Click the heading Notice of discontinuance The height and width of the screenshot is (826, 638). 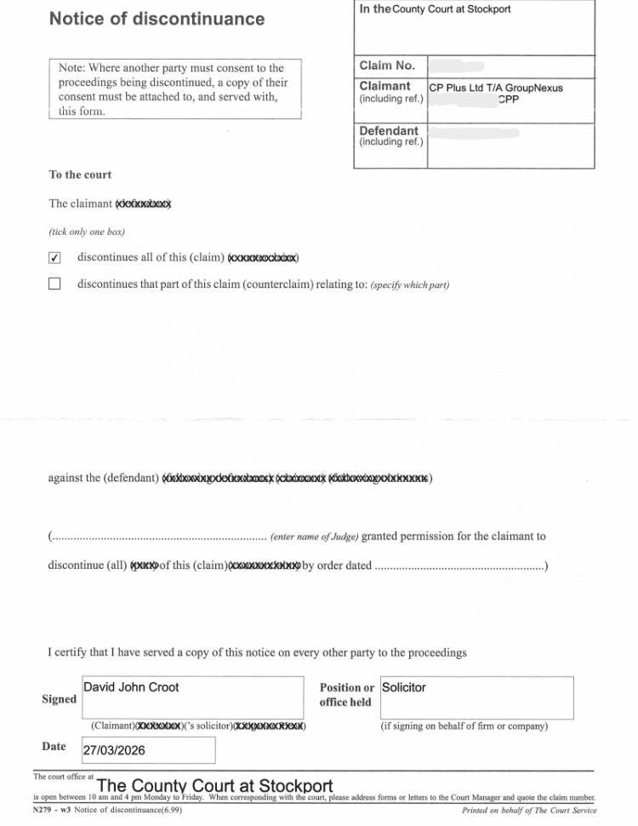(x=157, y=19)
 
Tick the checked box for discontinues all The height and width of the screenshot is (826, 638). (x=55, y=258)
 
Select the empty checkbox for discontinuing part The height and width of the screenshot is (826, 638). (x=55, y=284)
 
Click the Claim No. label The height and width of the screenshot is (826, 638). (x=387, y=66)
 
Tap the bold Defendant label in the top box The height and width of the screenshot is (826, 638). (x=389, y=131)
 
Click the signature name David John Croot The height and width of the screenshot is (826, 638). (x=131, y=687)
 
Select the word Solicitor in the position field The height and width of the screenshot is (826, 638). (x=404, y=687)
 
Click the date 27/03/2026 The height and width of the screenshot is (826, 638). (x=114, y=750)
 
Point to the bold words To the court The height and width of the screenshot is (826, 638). (x=80, y=175)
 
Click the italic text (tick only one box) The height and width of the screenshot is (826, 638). (x=87, y=232)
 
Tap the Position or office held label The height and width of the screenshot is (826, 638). (x=346, y=695)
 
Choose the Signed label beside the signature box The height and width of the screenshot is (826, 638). (x=59, y=699)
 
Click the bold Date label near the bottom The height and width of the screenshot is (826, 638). (x=54, y=747)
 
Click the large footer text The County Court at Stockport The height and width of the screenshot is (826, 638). (x=215, y=785)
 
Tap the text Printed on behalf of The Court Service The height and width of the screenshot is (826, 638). (x=529, y=810)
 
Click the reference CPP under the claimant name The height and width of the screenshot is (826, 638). (x=508, y=100)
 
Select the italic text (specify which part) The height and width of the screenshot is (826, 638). (x=410, y=285)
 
